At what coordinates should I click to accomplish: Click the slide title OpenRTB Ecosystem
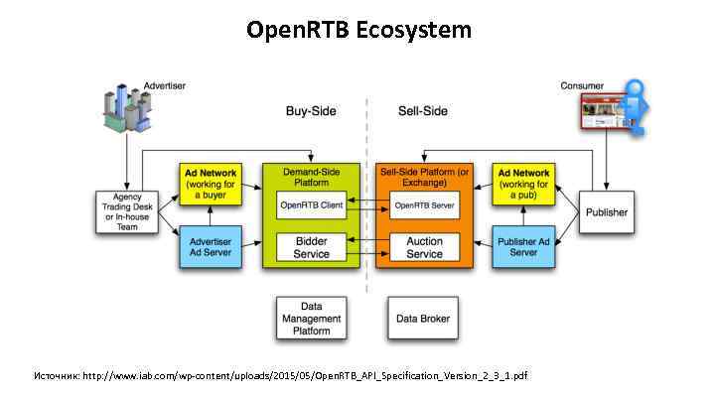[358, 31]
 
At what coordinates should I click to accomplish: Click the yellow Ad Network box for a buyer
[211, 185]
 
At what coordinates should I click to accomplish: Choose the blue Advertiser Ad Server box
[211, 246]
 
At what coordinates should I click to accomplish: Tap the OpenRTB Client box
[311, 205]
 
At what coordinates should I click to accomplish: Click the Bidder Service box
[311, 247]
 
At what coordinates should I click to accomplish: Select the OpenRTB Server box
[425, 205]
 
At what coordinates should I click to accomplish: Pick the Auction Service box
[425, 247]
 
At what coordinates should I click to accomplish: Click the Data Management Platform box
[311, 318]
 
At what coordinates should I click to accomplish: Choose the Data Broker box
[423, 319]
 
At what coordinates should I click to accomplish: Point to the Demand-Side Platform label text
[311, 177]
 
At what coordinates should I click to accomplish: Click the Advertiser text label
[165, 86]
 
